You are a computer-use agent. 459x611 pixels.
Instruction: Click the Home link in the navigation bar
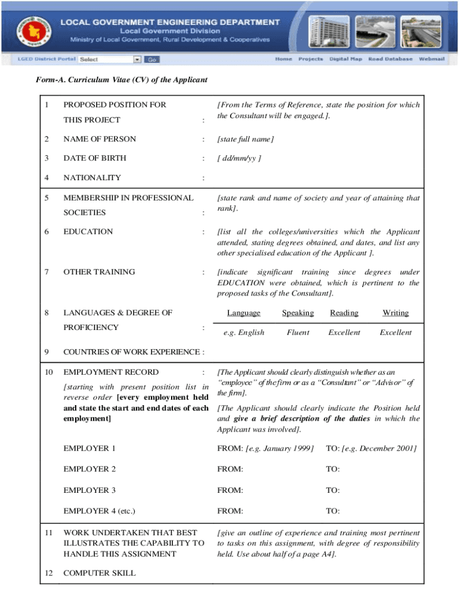pyautogui.click(x=283, y=59)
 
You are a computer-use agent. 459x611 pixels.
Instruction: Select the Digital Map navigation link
pyautogui.click(x=346, y=59)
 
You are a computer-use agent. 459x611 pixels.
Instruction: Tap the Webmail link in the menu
pyautogui.click(x=432, y=59)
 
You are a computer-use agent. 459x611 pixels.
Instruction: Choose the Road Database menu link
pyautogui.click(x=390, y=59)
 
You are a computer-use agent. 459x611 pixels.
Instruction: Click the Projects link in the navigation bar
pyautogui.click(x=311, y=59)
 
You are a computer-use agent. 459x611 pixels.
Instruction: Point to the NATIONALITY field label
pyautogui.click(x=92, y=177)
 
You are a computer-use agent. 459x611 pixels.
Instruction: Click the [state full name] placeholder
pyautogui.click(x=245, y=139)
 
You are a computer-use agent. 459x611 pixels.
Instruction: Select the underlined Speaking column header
pyautogui.click(x=297, y=313)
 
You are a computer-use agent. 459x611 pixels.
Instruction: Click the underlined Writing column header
pyautogui.click(x=395, y=313)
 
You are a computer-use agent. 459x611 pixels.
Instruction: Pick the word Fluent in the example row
pyautogui.click(x=297, y=332)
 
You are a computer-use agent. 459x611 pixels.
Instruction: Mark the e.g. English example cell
pyautogui.click(x=243, y=332)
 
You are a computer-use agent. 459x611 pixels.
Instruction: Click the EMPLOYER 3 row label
pyautogui.click(x=89, y=490)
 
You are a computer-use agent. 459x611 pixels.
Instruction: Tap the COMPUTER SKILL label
pyautogui.click(x=99, y=573)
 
